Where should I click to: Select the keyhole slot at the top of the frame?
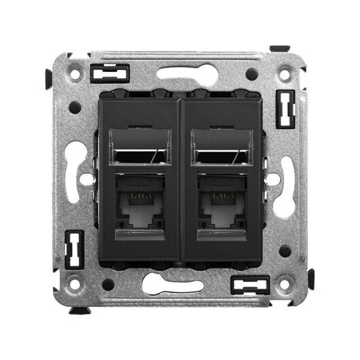coord(179,73)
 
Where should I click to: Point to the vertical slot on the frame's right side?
coord(287,179)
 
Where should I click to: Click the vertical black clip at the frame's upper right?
coord(285,109)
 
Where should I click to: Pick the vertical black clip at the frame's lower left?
coord(73,249)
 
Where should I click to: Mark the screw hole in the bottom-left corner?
coord(75,283)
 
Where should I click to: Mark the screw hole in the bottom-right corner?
coord(285,283)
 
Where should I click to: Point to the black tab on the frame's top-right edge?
coord(279,49)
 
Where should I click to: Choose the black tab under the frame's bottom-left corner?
coord(79,310)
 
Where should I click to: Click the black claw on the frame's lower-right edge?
coord(311,277)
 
